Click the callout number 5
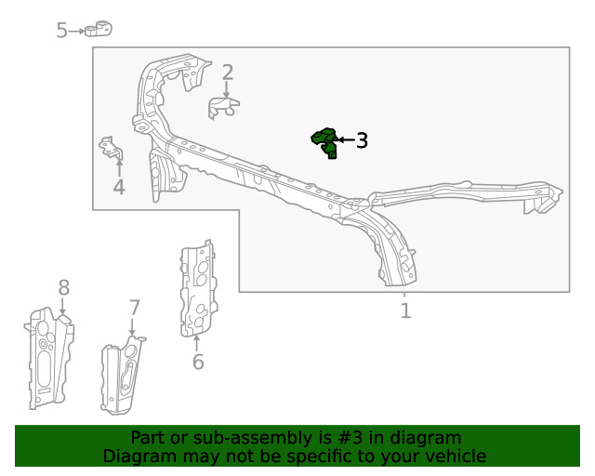click(61, 30)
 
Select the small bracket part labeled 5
click(99, 29)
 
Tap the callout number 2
click(227, 73)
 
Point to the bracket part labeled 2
click(223, 108)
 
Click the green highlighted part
click(324, 143)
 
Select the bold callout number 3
click(362, 140)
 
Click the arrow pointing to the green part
click(346, 140)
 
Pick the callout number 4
click(119, 187)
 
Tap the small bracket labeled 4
click(112, 148)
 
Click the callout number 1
click(405, 311)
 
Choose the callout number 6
click(198, 362)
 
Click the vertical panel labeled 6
click(198, 288)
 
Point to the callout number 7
click(135, 308)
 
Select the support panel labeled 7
click(122, 375)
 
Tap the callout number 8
click(64, 287)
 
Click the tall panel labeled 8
click(49, 359)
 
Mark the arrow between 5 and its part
click(77, 31)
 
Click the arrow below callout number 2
click(227, 89)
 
